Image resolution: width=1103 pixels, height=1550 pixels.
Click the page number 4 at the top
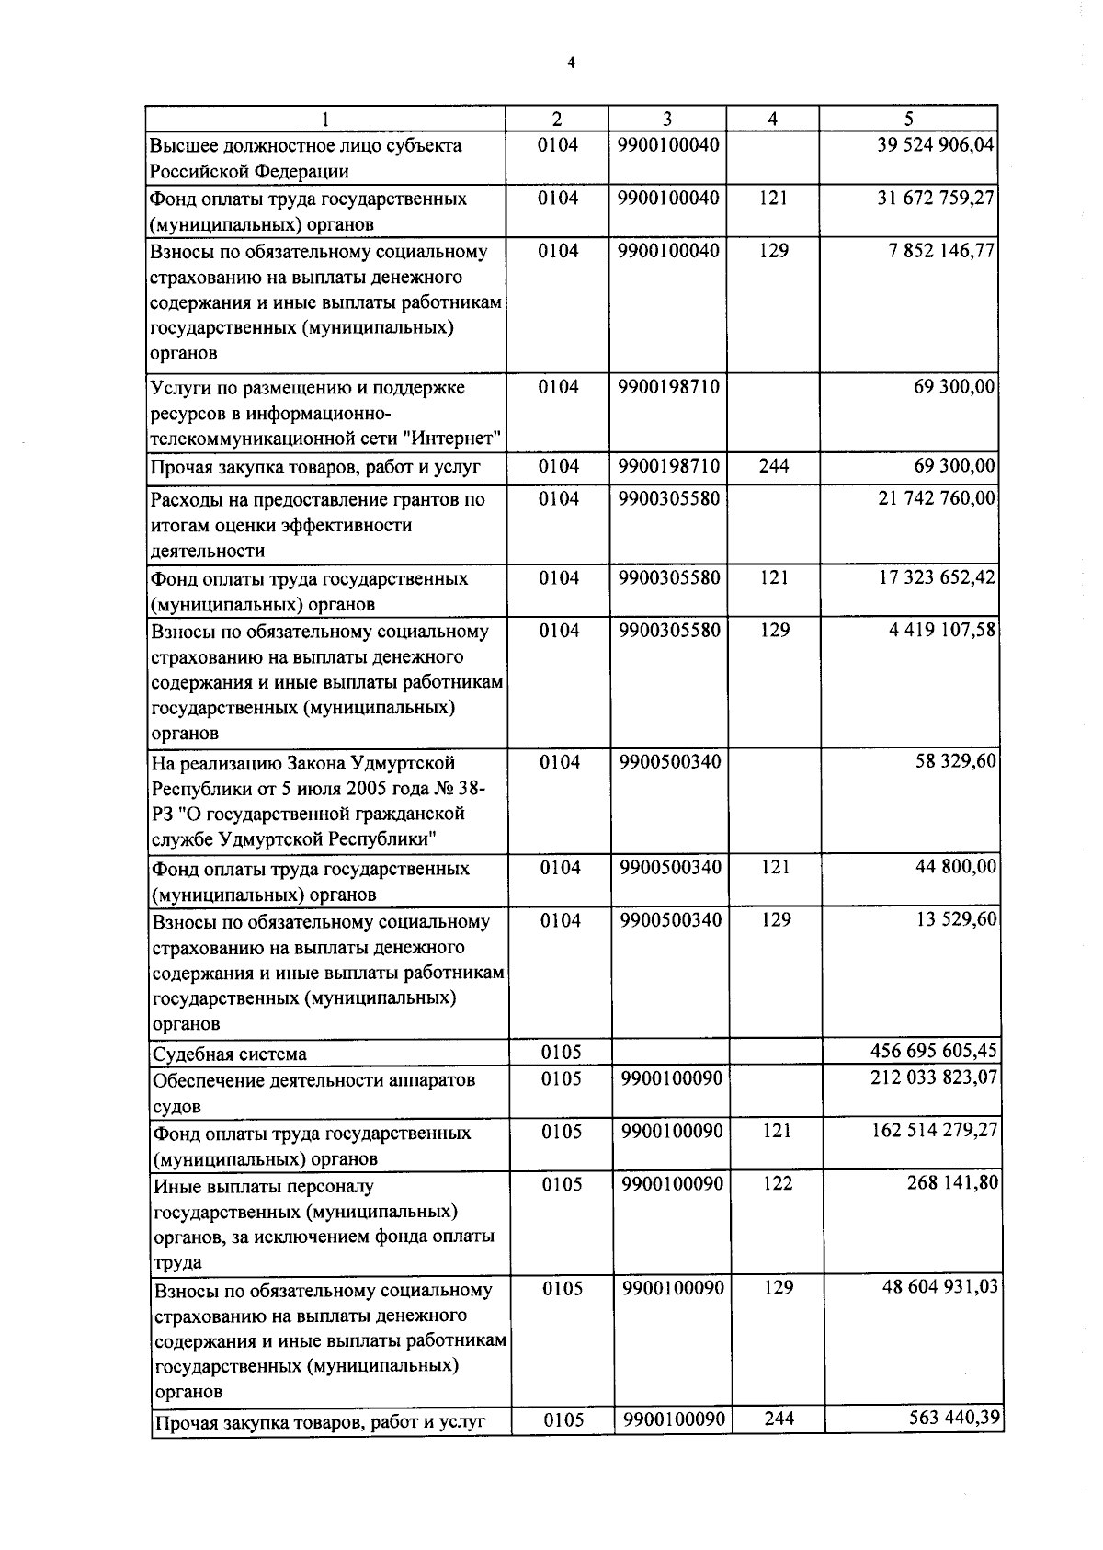[571, 63]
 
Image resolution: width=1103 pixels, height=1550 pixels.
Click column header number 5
[908, 119]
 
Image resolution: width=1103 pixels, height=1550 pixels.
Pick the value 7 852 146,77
[942, 250]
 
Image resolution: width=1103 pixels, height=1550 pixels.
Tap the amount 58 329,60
[957, 761]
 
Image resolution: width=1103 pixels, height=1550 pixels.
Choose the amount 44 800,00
[957, 867]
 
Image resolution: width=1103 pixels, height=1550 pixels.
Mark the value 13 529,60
[957, 919]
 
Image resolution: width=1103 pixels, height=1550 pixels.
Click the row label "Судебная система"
[230, 1054]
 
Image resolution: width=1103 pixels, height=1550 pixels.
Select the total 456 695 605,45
[934, 1050]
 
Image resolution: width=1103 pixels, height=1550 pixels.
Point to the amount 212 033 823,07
[934, 1076]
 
